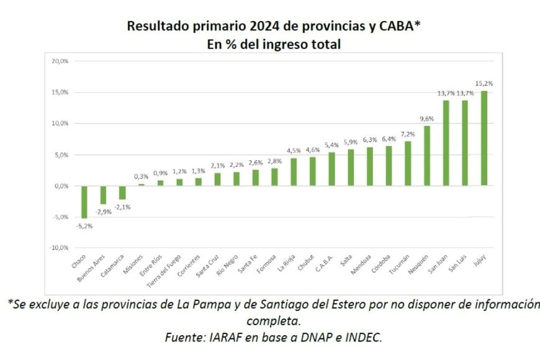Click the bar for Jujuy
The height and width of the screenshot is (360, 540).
point(484,138)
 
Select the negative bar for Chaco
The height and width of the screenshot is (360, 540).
point(84,202)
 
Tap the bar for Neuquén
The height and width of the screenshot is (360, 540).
point(427,156)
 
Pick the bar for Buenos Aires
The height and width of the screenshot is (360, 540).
point(103,195)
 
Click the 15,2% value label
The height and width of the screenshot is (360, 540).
point(484,83)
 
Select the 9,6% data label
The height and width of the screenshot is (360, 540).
point(427,119)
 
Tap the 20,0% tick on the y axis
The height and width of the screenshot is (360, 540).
point(60,61)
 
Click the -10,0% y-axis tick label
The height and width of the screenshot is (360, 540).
point(59,248)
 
